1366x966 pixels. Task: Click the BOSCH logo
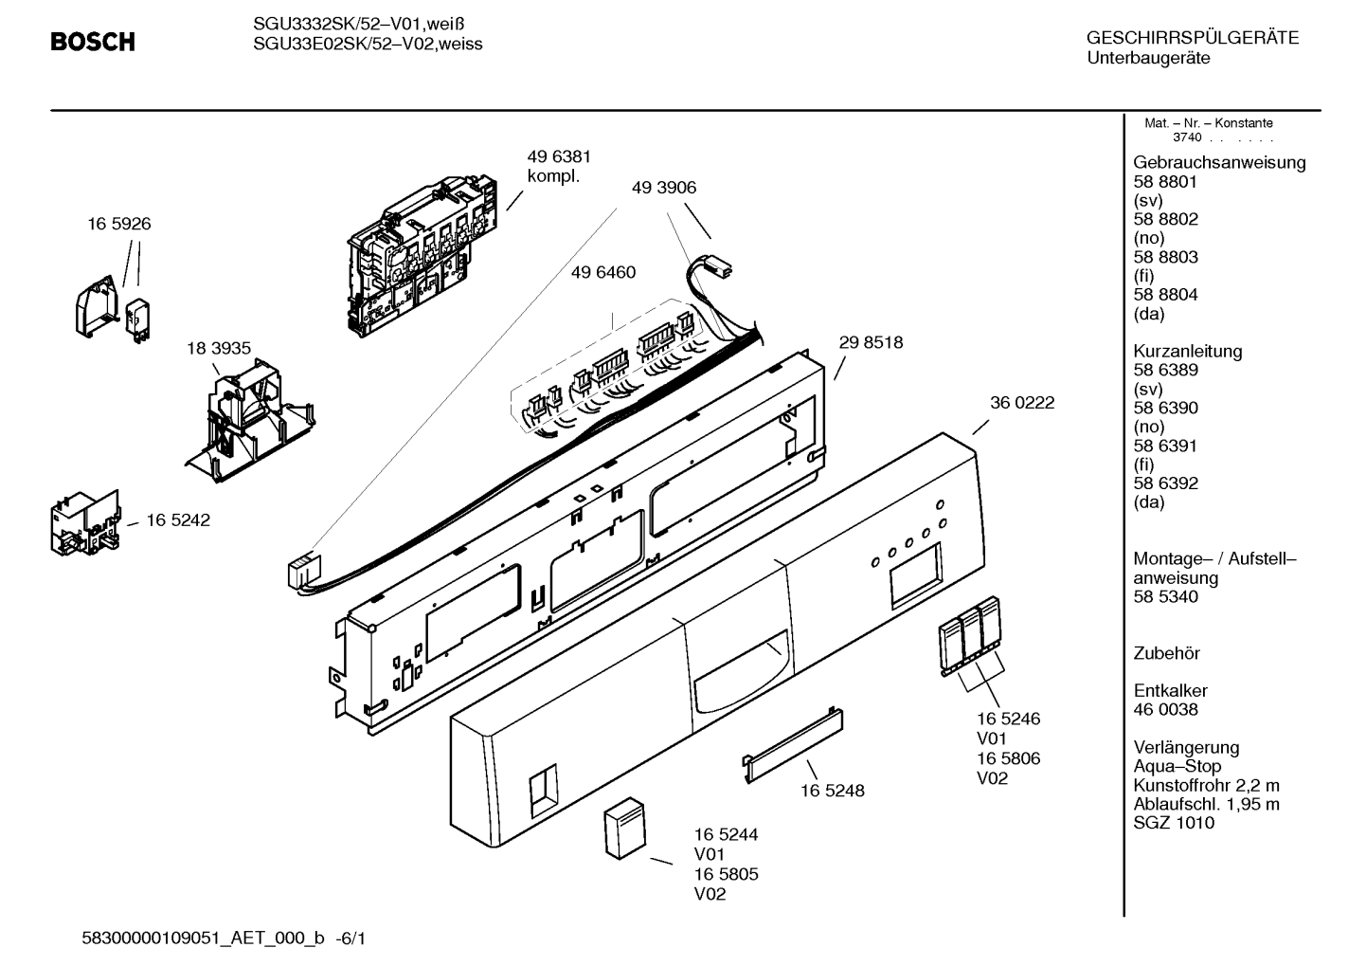[x=93, y=42]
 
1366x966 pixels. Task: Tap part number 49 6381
[x=559, y=156]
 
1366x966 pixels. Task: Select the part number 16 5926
[x=119, y=224]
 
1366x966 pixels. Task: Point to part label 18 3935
[x=218, y=349]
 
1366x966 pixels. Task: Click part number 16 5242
[x=178, y=519]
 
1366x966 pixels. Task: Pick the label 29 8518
[x=871, y=342]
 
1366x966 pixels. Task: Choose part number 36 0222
[x=1022, y=403]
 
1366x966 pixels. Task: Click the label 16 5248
[x=833, y=791]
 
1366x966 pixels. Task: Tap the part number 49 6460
[x=603, y=272]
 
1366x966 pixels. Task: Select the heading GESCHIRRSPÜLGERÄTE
[x=1193, y=38]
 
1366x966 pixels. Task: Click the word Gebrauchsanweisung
[x=1220, y=163]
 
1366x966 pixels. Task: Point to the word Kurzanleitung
[x=1188, y=352]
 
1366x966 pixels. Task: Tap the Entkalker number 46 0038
[x=1166, y=710]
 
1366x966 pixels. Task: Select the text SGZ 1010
[x=1174, y=823]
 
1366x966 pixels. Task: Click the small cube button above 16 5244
[x=625, y=828]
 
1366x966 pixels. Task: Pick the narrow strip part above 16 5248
[x=793, y=745]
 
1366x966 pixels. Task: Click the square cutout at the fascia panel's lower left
[x=544, y=791]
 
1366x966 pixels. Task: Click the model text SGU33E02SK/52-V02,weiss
[x=368, y=45]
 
